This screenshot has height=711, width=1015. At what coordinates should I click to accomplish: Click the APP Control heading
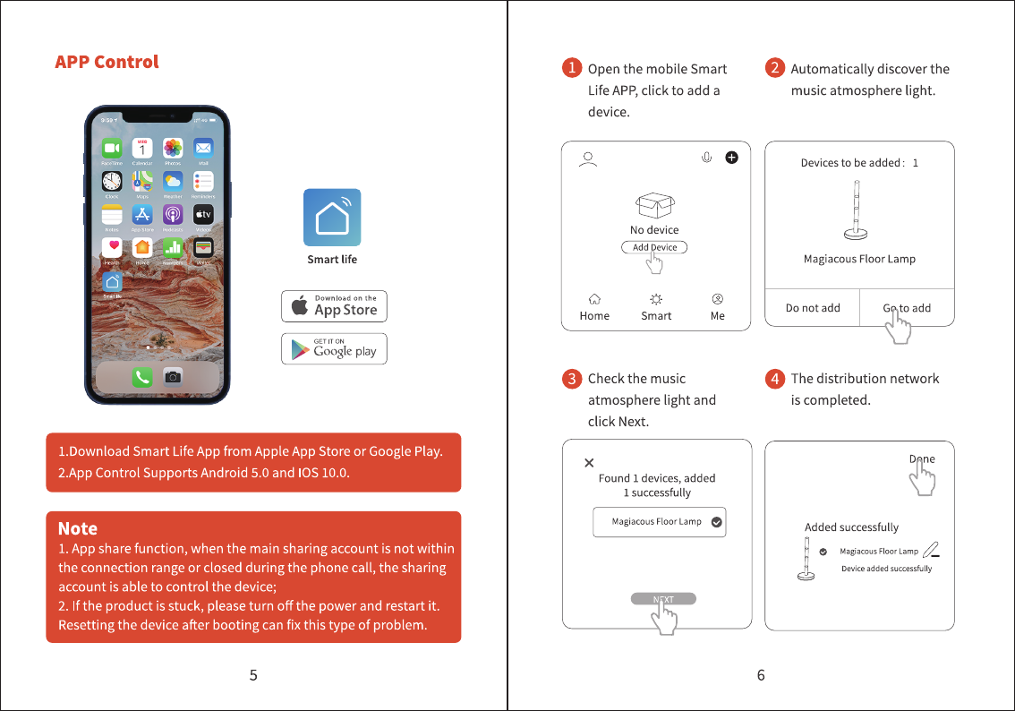[107, 62]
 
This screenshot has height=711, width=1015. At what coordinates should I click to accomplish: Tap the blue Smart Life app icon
[332, 217]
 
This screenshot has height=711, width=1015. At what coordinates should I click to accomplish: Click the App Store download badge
[334, 306]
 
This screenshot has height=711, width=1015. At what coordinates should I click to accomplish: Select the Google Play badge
[334, 349]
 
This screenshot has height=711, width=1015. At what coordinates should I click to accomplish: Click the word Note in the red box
[78, 528]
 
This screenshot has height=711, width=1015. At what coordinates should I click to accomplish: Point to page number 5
[253, 675]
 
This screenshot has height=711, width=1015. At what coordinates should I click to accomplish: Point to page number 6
[761, 675]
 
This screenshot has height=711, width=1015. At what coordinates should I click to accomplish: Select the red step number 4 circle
[775, 378]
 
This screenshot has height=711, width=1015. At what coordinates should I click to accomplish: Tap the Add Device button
[654, 247]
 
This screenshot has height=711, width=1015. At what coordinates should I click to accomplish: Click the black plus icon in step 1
[731, 158]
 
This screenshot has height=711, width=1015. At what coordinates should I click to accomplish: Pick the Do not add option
[813, 308]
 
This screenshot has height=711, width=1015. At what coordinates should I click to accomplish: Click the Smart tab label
[656, 315]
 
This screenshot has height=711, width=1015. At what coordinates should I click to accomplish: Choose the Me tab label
[718, 315]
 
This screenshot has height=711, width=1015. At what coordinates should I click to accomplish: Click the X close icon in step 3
[589, 463]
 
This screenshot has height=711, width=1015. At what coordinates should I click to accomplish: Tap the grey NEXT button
[663, 599]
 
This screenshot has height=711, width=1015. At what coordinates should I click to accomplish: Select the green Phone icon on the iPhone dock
[142, 378]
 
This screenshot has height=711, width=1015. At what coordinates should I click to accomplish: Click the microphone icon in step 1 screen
[706, 158]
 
